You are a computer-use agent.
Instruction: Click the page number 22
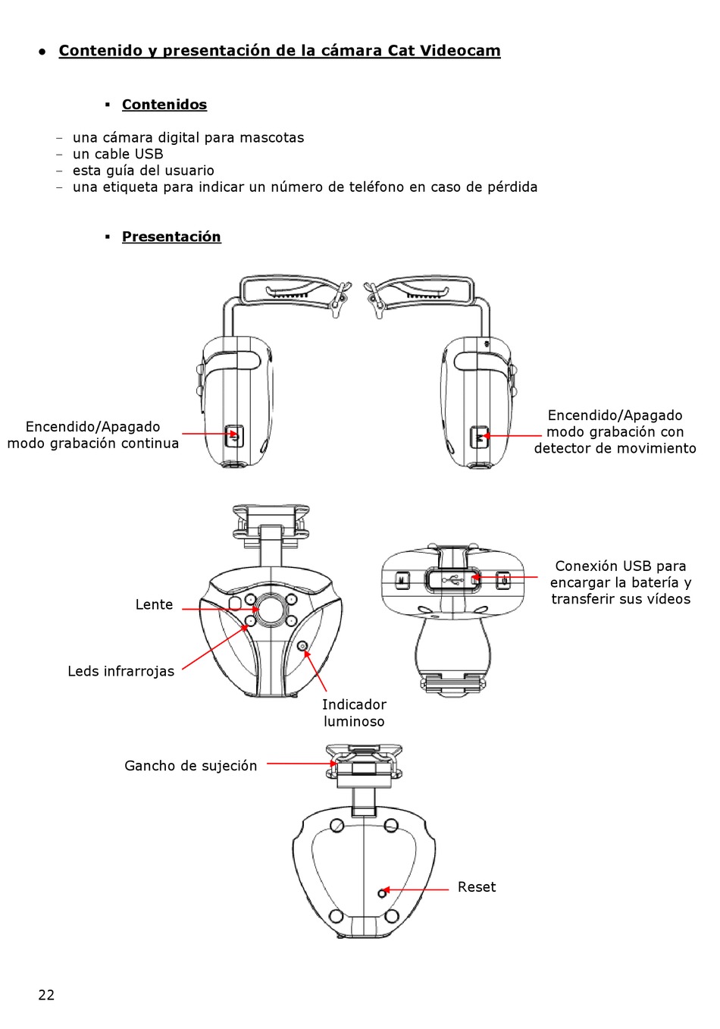coord(46,995)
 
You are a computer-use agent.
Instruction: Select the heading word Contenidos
coord(164,105)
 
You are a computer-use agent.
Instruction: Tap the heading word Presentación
coord(171,237)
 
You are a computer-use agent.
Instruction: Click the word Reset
coord(477,887)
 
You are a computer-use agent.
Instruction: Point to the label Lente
coord(154,604)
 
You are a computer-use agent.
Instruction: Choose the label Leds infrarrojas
coord(121,671)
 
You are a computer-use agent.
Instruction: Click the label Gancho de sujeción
coord(190,766)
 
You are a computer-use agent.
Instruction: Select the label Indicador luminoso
coord(354,713)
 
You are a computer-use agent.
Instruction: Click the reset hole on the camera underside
coord(383,893)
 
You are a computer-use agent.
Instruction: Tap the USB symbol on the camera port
coord(452,581)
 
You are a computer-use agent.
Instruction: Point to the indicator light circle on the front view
coord(303,646)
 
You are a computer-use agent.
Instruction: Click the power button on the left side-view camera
coord(235,436)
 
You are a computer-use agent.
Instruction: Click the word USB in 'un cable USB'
coord(149,154)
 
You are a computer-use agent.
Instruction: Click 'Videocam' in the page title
coord(460,51)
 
